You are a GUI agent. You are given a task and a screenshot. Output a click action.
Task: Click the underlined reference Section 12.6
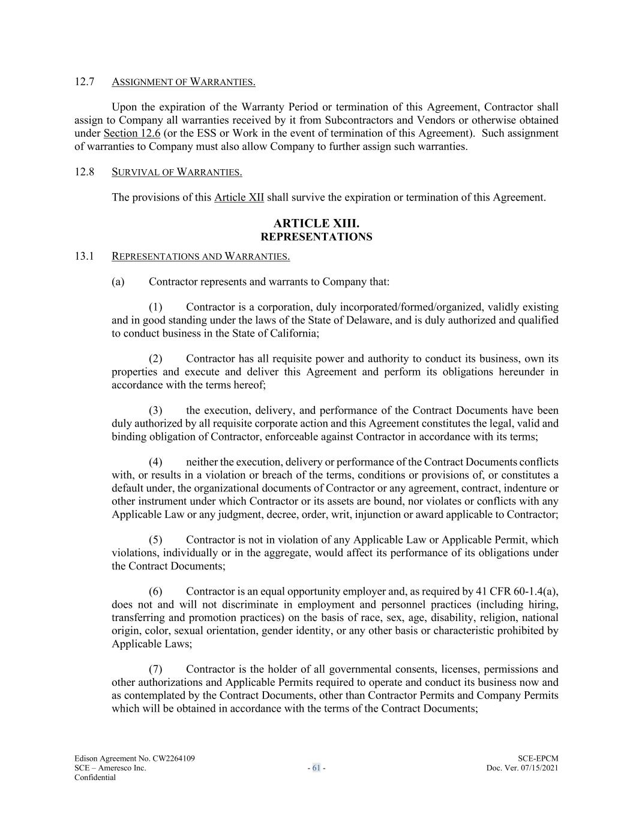click(x=132, y=133)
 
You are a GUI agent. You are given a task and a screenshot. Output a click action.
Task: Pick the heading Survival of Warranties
click(x=177, y=173)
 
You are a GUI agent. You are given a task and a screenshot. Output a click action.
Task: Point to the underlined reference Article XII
click(x=239, y=197)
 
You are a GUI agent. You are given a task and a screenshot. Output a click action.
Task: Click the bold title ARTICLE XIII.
click(x=316, y=224)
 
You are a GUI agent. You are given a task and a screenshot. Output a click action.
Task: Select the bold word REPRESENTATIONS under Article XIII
click(x=316, y=237)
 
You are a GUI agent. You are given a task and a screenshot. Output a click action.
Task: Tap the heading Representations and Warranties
click(x=200, y=257)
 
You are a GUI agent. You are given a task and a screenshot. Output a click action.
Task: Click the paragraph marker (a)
click(x=118, y=281)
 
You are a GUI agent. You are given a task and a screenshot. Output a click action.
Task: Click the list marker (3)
click(x=156, y=411)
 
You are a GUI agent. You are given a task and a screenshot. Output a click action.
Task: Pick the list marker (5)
click(x=156, y=540)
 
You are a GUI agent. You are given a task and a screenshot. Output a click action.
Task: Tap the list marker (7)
click(x=156, y=670)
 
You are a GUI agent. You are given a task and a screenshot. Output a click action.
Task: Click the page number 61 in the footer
click(x=316, y=768)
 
